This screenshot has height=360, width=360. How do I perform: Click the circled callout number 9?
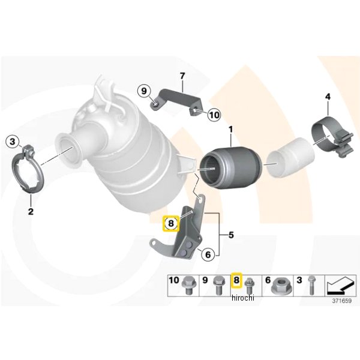point(144,91)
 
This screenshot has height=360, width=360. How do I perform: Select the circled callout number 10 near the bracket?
point(214,115)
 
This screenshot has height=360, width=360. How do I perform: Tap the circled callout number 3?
point(13,142)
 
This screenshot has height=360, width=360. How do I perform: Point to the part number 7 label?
point(182,76)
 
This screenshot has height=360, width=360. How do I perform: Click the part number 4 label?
point(328,97)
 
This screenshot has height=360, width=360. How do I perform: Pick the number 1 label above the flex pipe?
point(231,130)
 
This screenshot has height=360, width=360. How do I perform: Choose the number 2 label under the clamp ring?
point(31,211)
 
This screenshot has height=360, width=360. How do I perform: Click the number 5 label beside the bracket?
point(231,235)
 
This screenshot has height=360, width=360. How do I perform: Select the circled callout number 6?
point(208,254)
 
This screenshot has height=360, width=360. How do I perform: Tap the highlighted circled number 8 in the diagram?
point(171,223)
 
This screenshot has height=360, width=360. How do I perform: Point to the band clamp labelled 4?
point(332,137)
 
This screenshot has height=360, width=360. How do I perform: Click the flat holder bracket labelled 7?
point(177,101)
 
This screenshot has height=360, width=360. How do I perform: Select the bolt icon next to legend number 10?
point(187,286)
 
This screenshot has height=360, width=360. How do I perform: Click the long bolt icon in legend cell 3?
point(311,285)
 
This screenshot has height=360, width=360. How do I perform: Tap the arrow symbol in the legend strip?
point(340,285)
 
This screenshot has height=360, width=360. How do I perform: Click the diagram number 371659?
point(341,301)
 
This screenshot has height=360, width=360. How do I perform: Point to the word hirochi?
point(243,298)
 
